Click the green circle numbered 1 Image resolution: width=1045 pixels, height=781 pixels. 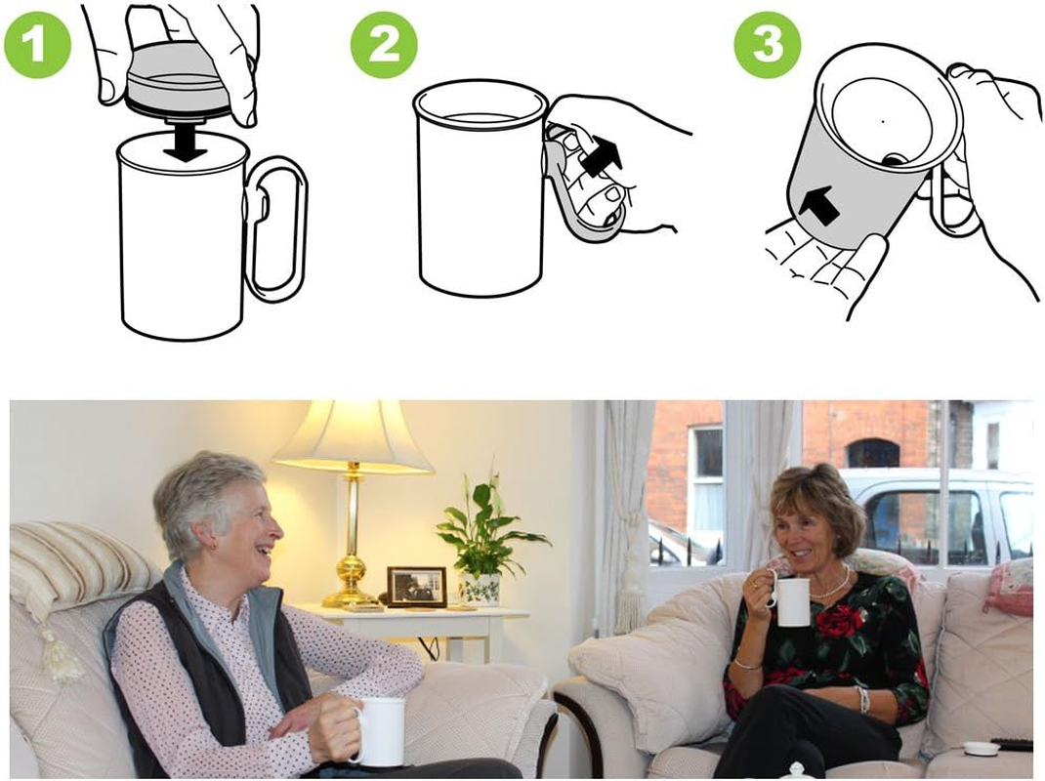pos(37,44)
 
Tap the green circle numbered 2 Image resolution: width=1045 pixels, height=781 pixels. pos(384,44)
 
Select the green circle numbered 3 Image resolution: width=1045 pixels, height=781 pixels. pos(767,44)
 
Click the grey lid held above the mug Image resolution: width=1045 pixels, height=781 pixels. pos(176,83)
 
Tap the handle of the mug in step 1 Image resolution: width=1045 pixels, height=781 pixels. pos(276,229)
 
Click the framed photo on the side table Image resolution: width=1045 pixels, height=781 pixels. pos(416,587)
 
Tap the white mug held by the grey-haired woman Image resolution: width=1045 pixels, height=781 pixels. pos(382,731)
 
